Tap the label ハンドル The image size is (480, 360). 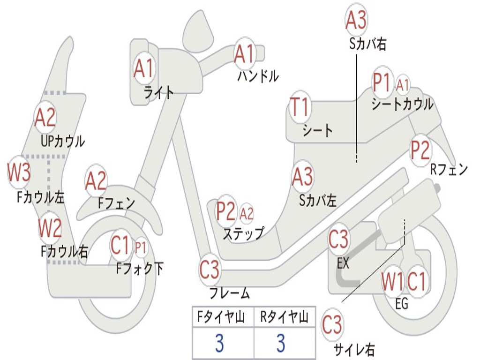tap(258, 76)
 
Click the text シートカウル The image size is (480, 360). tap(402, 104)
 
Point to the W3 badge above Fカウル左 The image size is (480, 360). tap(19, 172)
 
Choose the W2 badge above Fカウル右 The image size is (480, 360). tap(50, 229)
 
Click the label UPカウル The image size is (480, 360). tap(63, 141)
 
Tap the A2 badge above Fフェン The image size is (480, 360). tap(96, 181)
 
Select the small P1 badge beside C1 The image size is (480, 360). tap(141, 247)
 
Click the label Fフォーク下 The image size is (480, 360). tap(140, 269)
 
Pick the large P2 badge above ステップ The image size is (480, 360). tap(226, 211)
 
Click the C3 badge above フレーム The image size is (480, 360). tap(210, 270)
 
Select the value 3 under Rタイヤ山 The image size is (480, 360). tap(280, 344)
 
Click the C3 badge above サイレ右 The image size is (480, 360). tap(332, 325)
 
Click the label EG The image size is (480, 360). tap(402, 304)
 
